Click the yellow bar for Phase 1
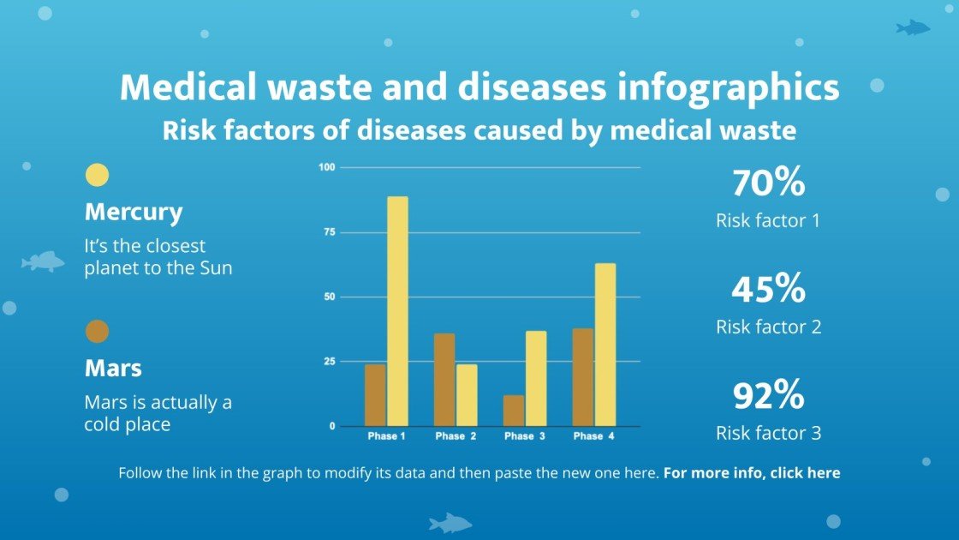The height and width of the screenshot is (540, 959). [397, 311]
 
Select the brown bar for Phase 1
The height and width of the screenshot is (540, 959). [375, 395]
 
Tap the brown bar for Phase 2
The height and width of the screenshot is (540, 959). [444, 380]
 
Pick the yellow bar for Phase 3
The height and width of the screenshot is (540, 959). [536, 378]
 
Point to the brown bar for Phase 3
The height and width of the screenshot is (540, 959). [514, 411]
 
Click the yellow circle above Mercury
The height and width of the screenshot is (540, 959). [98, 175]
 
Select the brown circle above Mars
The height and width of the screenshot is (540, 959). [98, 332]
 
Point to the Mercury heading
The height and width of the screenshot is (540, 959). [134, 212]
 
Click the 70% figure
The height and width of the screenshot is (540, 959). [768, 183]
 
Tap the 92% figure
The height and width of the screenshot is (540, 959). [768, 396]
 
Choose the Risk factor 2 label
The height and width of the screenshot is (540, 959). [768, 327]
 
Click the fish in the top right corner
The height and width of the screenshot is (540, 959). [913, 28]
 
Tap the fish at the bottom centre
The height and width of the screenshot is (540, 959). [450, 522]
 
